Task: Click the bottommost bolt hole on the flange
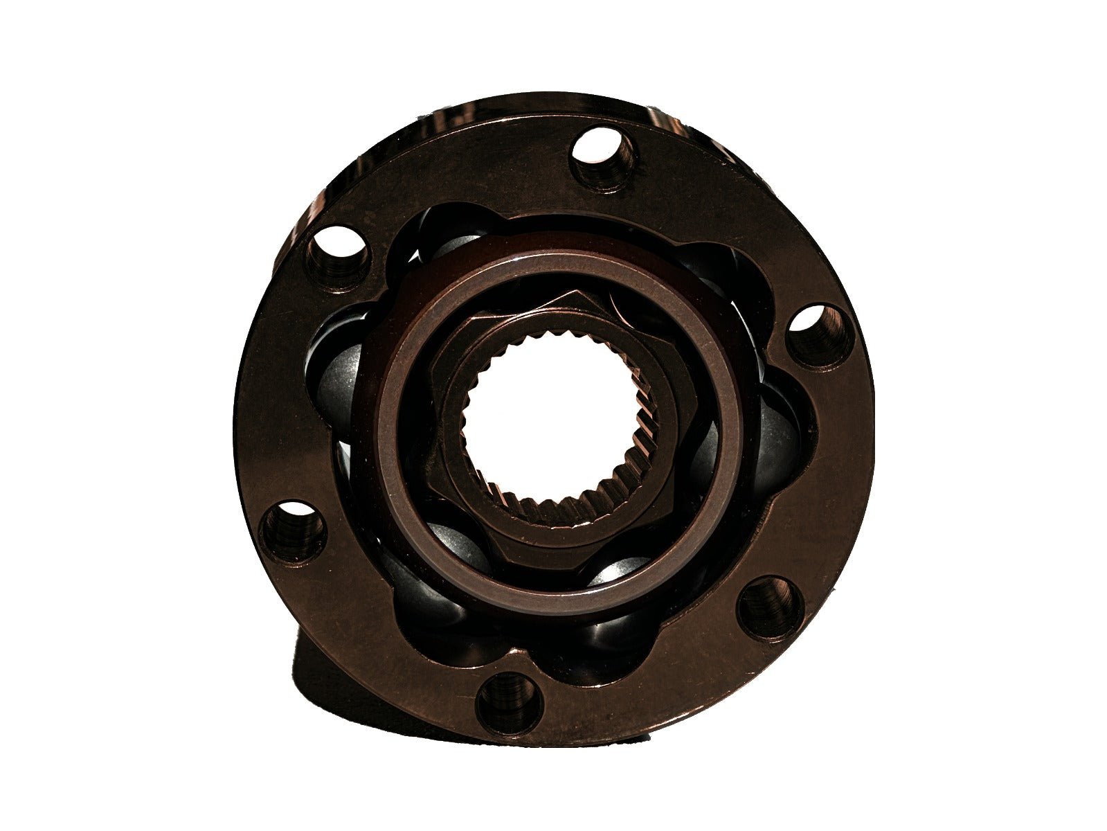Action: coord(510,702)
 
